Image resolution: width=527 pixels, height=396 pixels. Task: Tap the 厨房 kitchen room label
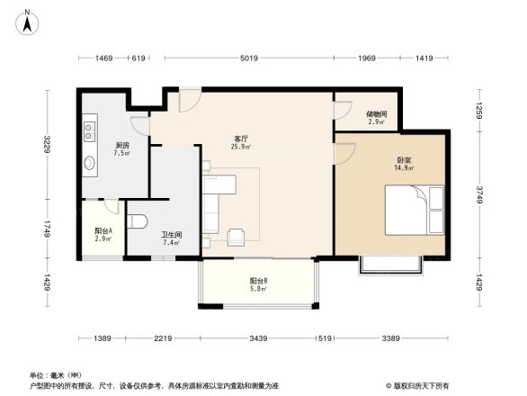[121, 145]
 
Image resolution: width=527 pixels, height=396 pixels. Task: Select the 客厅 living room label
[241, 138]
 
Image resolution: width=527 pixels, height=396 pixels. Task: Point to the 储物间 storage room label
[376, 114]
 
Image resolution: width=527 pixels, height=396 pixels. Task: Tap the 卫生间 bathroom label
[172, 234]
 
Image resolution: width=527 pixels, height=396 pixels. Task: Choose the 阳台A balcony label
[103, 231]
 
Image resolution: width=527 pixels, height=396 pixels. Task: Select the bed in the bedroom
[415, 209]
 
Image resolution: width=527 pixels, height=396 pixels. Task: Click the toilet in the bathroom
[138, 220]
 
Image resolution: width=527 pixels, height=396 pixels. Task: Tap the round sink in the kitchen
[90, 164]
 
